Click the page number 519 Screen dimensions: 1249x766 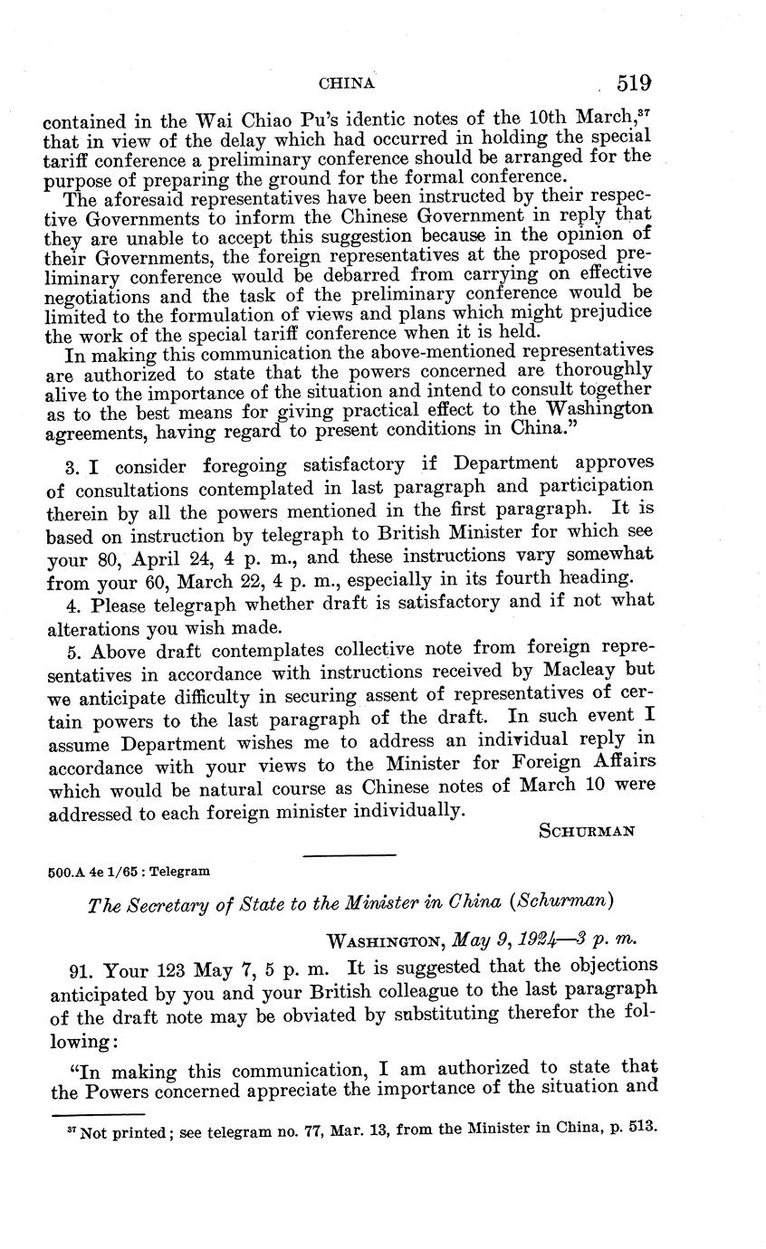tap(634, 83)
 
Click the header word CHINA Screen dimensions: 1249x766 tap(347, 83)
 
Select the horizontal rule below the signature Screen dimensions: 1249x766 tap(349, 855)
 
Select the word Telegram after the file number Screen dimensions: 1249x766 tap(180, 871)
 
